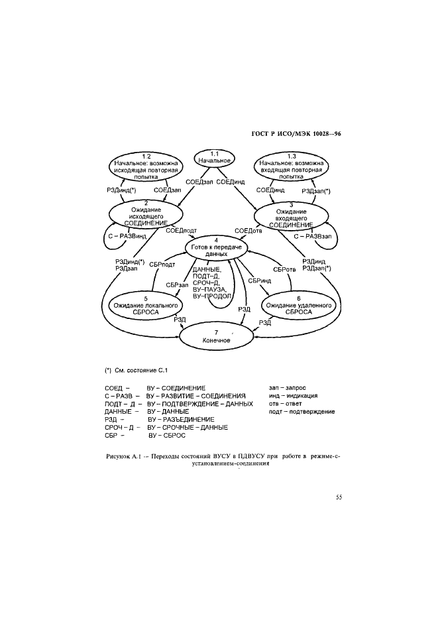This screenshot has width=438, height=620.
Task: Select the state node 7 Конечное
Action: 217,336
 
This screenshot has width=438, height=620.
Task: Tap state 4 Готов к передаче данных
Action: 217,247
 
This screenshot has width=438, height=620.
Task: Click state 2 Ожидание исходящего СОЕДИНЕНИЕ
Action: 146,215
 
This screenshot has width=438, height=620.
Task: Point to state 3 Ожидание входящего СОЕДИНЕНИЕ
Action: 291,216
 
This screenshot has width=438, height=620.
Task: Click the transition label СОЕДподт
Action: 182,231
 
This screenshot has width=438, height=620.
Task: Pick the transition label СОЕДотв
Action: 248,231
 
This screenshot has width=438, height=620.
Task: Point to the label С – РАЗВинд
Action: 127,237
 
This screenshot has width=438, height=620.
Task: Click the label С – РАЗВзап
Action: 312,237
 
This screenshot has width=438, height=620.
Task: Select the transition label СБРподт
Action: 162,265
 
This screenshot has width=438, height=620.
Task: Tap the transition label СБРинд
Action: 260,280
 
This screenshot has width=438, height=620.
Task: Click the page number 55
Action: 339,497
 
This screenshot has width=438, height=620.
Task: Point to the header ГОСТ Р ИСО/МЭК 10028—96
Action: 296,134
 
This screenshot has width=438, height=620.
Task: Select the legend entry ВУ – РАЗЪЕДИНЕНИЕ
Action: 181,420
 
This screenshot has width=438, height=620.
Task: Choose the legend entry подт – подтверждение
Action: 301,412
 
